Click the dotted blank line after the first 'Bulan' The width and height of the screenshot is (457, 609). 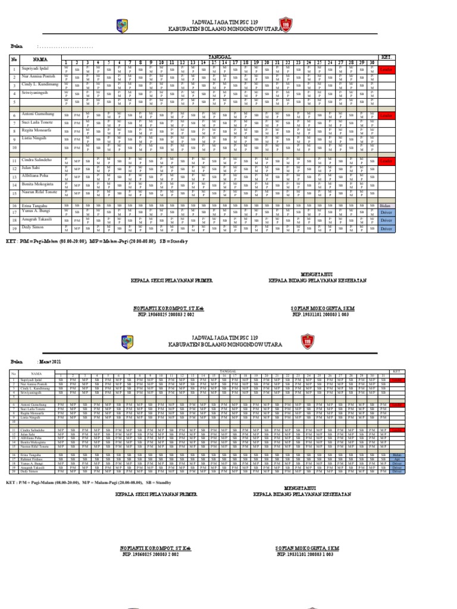click(65, 46)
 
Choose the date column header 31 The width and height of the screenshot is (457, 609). click(383, 375)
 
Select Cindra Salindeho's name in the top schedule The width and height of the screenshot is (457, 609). click(37, 161)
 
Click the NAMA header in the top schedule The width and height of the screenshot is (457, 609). click(40, 59)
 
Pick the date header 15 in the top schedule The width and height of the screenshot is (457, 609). click(214, 62)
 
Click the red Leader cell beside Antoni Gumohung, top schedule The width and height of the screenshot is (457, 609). click(386, 115)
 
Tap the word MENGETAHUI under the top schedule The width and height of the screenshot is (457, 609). click(316, 273)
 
